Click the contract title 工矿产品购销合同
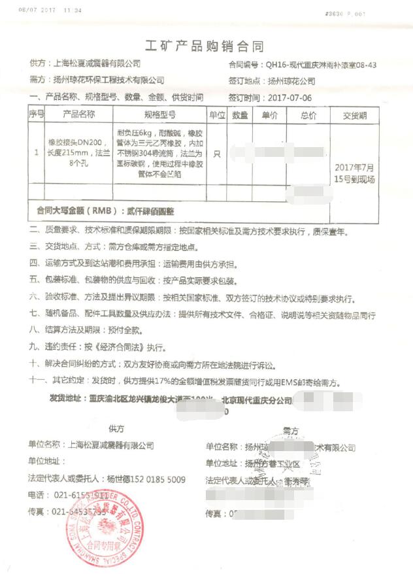208,46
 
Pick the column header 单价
270,115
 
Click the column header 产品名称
78,114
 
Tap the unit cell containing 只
217,154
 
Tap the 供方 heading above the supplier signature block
117,429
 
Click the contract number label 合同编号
243,65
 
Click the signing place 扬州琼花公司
291,82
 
